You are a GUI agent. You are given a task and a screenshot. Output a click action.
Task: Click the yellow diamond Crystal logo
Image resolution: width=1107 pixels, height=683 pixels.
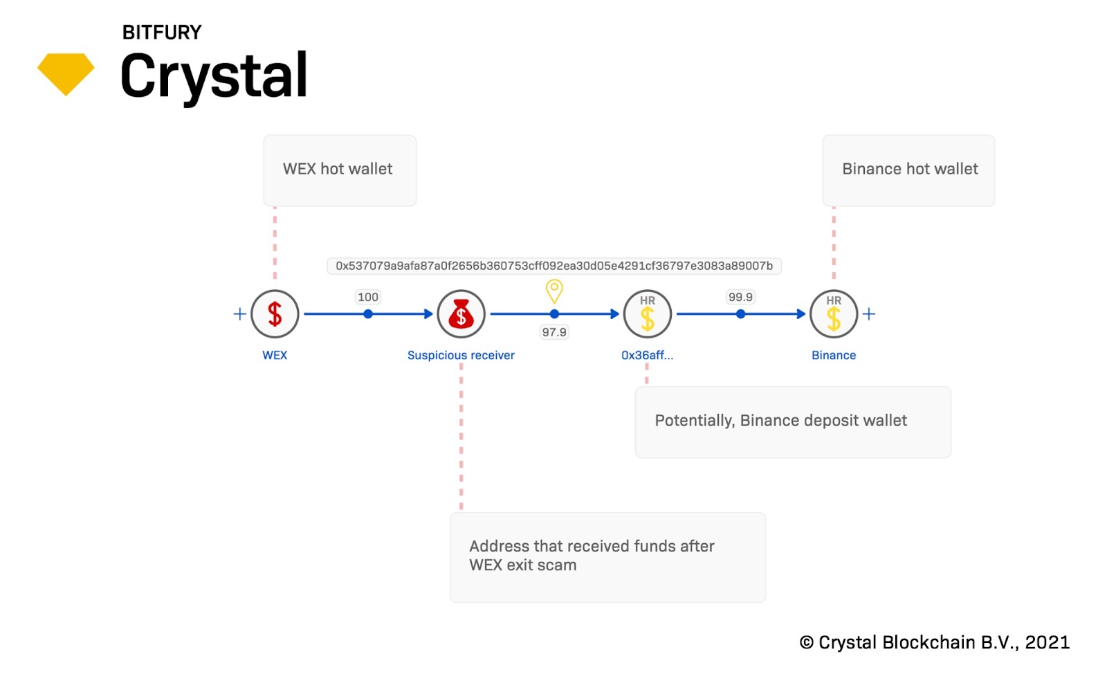pyautogui.click(x=66, y=73)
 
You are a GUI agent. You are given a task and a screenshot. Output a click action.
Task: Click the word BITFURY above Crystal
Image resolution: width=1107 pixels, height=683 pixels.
pyautogui.click(x=162, y=33)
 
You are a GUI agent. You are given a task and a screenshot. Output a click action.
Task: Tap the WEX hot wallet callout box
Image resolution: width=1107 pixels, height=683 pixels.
pyautogui.click(x=340, y=170)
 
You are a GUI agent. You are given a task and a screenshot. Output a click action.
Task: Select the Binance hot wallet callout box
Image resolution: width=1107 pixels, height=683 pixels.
pyautogui.click(x=908, y=170)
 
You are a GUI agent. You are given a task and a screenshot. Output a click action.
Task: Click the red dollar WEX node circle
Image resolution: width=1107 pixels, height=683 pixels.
pyautogui.click(x=275, y=314)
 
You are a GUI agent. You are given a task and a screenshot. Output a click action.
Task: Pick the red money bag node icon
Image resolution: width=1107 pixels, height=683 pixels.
pyautogui.click(x=461, y=314)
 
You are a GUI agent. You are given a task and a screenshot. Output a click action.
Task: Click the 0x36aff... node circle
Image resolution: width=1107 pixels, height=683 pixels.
pyautogui.click(x=648, y=314)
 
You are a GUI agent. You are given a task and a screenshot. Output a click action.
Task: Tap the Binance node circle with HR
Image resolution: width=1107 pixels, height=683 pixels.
pyautogui.click(x=834, y=314)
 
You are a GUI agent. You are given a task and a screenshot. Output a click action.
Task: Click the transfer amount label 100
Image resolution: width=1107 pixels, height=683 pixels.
pyautogui.click(x=368, y=297)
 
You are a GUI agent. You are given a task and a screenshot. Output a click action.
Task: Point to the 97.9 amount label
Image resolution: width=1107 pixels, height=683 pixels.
pyautogui.click(x=554, y=332)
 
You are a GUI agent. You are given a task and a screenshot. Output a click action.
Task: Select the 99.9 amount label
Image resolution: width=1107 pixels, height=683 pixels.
pyautogui.click(x=740, y=297)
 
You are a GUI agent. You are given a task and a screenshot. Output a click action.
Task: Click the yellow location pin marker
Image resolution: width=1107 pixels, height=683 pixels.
pyautogui.click(x=554, y=290)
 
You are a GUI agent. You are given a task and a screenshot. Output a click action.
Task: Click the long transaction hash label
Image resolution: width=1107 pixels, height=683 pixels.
pyautogui.click(x=554, y=266)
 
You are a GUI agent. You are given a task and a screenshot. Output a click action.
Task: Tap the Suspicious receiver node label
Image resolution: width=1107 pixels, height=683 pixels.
pyautogui.click(x=461, y=355)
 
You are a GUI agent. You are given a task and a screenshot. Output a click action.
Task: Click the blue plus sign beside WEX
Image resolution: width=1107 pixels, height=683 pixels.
pyautogui.click(x=239, y=314)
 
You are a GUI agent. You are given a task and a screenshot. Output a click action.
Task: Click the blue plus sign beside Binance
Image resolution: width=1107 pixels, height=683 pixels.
pyautogui.click(x=869, y=314)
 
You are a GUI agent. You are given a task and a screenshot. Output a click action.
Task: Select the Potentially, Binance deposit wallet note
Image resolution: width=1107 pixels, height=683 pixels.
pyautogui.click(x=793, y=421)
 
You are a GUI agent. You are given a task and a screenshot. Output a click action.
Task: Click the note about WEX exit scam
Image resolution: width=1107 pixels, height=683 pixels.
pyautogui.click(x=607, y=556)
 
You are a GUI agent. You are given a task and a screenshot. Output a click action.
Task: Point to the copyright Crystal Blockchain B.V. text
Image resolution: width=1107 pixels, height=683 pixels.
pyautogui.click(x=935, y=642)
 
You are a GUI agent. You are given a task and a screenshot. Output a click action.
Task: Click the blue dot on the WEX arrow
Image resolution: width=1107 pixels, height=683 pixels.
pyautogui.click(x=368, y=314)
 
